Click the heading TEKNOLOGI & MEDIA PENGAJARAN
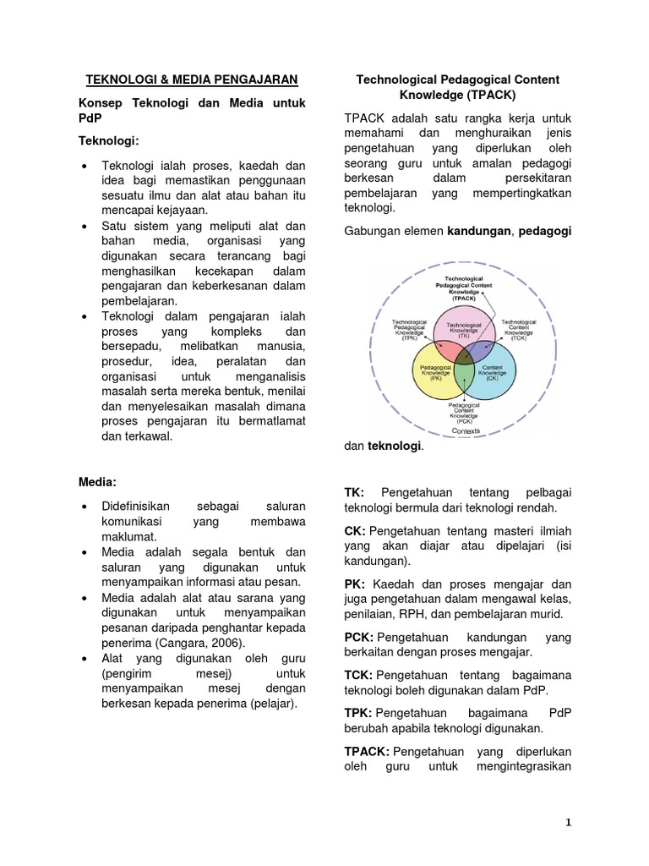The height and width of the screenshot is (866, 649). coord(193,80)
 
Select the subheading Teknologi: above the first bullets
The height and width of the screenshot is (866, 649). coord(108,138)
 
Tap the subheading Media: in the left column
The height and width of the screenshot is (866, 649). coord(97,481)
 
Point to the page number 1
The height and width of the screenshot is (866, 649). coord(569,822)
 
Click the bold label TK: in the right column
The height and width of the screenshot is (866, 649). coord(354,492)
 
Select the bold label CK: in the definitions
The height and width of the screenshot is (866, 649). coord(355,529)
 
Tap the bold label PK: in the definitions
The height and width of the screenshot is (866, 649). coord(355,584)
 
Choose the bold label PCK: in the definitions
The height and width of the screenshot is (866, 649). coord(359,637)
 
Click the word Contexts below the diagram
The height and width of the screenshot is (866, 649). coord(466,430)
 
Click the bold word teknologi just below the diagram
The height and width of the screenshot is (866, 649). coord(393,446)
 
